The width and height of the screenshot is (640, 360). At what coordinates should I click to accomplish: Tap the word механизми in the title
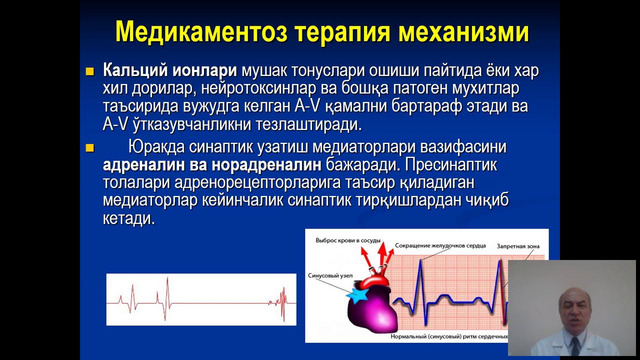pyautogui.click(x=461, y=32)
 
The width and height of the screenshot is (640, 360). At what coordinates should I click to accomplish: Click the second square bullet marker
pyautogui.click(x=92, y=145)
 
